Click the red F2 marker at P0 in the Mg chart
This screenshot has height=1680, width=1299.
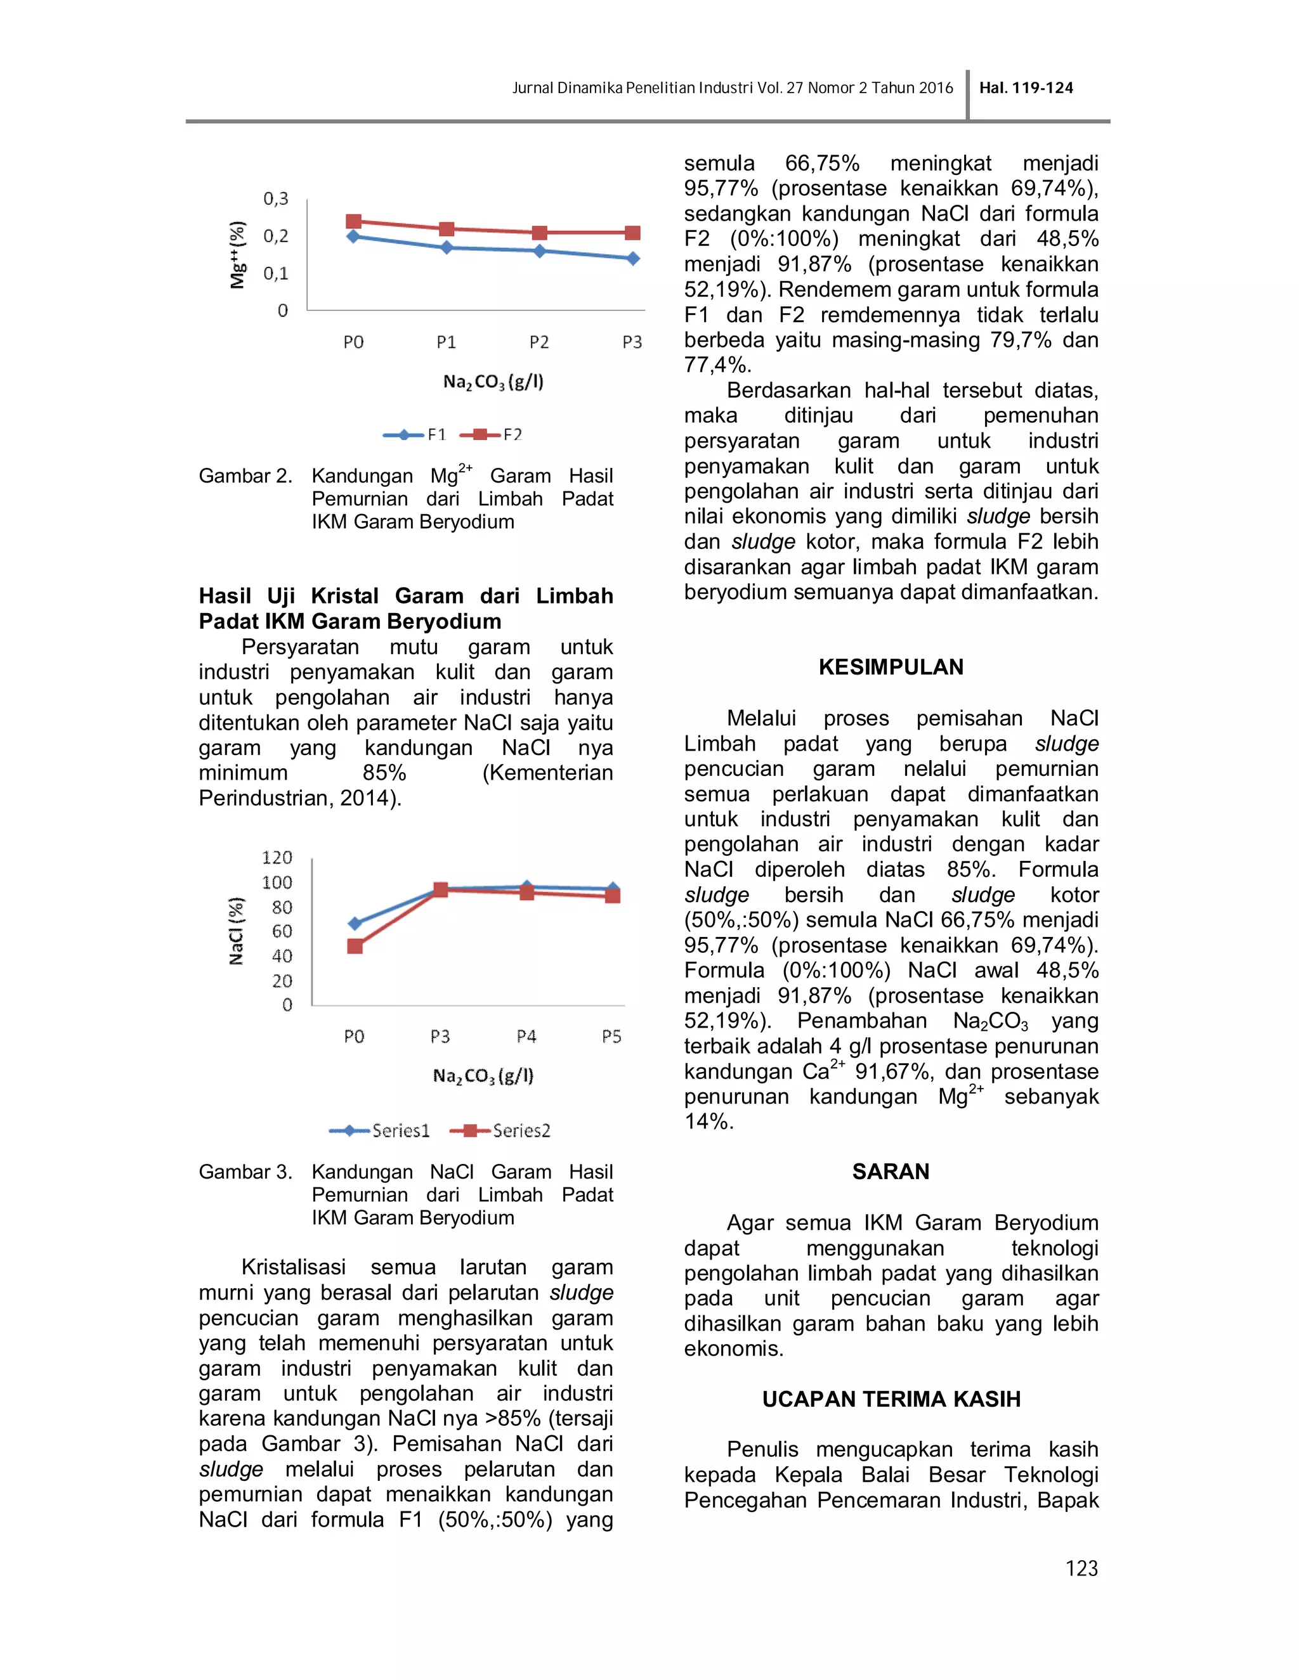[x=353, y=221]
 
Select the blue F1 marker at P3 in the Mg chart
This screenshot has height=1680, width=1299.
[x=632, y=259]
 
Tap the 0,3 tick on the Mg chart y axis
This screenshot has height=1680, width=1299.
[x=275, y=198]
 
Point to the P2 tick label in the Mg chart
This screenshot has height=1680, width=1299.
[x=539, y=342]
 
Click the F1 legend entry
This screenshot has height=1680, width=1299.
[x=415, y=435]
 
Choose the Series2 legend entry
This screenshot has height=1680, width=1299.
[x=500, y=1130]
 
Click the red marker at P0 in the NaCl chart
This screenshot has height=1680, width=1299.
[x=355, y=946]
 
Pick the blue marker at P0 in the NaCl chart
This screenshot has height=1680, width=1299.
[x=355, y=923]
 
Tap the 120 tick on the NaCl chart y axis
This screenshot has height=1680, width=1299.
[x=277, y=858]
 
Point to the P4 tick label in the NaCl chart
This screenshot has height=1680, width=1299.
[x=526, y=1036]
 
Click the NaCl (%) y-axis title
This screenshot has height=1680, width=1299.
[x=236, y=931]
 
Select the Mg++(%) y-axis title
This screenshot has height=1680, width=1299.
[x=238, y=255]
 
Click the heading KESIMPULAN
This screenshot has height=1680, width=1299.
[x=891, y=667]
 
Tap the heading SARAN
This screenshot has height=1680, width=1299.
[x=891, y=1172]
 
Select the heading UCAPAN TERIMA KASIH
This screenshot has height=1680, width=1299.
[x=891, y=1399]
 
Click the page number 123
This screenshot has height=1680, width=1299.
[x=1081, y=1568]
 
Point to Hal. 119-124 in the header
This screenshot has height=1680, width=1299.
[x=1026, y=87]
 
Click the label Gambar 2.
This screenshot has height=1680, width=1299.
[x=245, y=476]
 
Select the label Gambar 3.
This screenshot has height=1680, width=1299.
[x=245, y=1172]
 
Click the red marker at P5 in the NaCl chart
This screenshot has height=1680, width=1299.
[x=613, y=895]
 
